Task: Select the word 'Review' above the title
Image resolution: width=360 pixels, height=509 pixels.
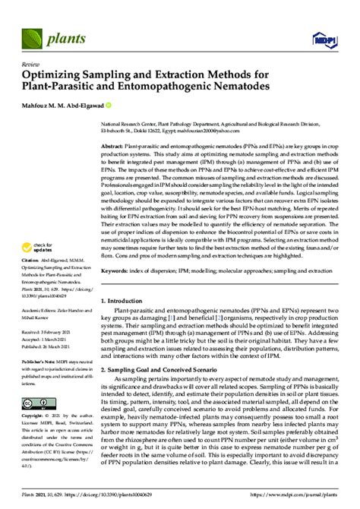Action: click(x=31, y=65)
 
